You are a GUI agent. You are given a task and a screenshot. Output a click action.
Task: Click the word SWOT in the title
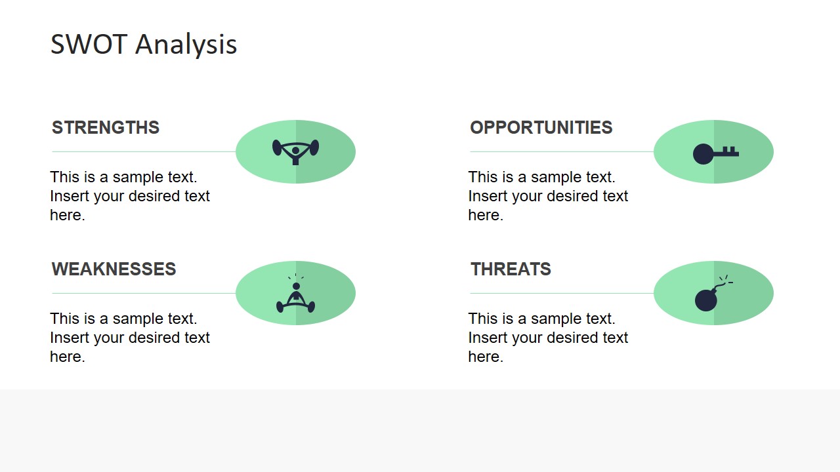tap(89, 44)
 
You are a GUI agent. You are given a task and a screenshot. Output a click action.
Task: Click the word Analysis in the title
tap(186, 46)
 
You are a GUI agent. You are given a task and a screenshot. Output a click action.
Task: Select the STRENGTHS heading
tap(106, 127)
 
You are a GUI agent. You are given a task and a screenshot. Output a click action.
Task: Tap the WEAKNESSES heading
tap(114, 269)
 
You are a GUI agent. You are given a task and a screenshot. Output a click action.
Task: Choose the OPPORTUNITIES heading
tap(541, 127)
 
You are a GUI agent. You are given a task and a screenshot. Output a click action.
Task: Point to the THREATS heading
tap(511, 269)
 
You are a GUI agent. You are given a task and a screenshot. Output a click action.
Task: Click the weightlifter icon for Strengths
tap(295, 151)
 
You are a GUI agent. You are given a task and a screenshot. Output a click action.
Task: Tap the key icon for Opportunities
tap(715, 153)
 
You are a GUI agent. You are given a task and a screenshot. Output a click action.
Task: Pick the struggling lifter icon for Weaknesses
tap(295, 294)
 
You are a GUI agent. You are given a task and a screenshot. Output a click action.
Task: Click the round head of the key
tap(703, 153)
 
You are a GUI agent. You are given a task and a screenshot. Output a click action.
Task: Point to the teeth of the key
tap(728, 150)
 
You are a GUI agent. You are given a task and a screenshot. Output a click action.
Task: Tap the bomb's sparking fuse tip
tap(726, 280)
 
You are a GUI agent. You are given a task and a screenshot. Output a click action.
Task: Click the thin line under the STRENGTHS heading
tap(144, 151)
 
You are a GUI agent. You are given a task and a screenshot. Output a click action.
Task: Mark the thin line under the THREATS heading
tap(562, 293)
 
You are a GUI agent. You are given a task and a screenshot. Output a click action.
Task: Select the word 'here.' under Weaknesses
tap(68, 357)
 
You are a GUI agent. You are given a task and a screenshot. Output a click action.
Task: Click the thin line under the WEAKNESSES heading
tap(144, 293)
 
